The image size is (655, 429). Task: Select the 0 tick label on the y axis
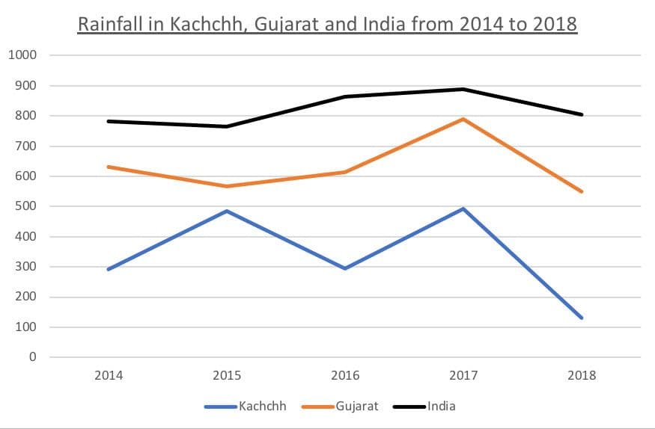point(32,357)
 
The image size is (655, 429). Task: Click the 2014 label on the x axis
point(109,375)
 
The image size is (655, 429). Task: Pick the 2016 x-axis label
point(345,375)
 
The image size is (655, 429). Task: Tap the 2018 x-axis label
point(582,375)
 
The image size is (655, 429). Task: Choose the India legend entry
point(442,407)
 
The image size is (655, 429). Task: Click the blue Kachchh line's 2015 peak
point(227,211)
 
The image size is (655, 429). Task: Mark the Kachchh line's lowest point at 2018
point(582,318)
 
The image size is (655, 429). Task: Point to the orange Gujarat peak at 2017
point(463,119)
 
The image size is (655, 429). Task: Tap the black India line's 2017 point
point(463,89)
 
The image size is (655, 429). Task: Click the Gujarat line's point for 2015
point(227,186)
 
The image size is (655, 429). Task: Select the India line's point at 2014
point(109,121)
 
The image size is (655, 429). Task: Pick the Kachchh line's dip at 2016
point(345,268)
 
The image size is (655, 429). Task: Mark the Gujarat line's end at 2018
point(582,192)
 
